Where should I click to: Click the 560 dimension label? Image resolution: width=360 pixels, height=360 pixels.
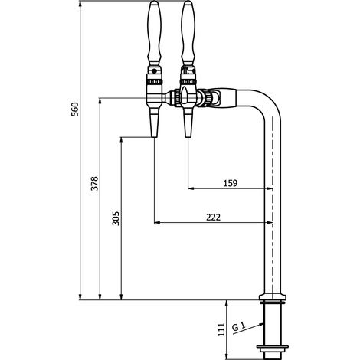tap(75, 110)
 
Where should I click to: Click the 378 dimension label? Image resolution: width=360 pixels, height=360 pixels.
tap(94, 183)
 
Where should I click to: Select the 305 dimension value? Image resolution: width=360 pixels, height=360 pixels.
tap(116, 218)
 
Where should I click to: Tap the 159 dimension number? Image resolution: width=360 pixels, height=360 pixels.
tap(231, 183)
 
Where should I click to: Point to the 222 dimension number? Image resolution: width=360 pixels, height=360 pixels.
tap(213, 218)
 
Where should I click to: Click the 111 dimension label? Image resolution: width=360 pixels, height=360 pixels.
tap(221, 329)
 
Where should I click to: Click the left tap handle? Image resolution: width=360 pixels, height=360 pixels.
tap(154, 33)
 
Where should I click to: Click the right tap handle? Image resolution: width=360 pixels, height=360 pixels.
tap(188, 33)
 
